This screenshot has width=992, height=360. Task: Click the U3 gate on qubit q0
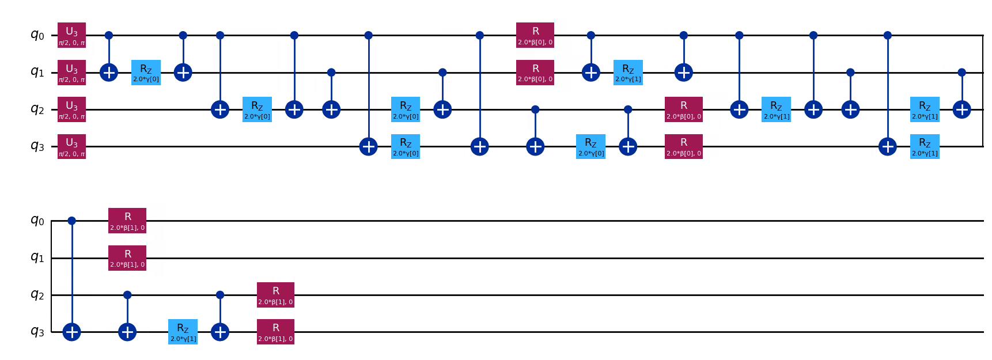click(x=71, y=35)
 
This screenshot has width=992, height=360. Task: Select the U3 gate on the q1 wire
click(x=71, y=73)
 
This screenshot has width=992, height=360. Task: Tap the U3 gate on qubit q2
click(x=71, y=109)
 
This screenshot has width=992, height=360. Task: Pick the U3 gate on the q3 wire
click(x=71, y=146)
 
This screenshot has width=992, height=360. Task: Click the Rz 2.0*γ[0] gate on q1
click(x=146, y=73)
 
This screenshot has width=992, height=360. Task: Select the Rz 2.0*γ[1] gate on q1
click(x=628, y=73)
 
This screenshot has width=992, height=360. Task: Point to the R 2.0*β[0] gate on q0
click(x=535, y=35)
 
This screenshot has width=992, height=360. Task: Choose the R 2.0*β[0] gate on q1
click(x=535, y=73)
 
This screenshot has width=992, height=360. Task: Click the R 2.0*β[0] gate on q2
click(x=684, y=109)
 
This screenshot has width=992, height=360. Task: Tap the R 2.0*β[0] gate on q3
click(x=684, y=146)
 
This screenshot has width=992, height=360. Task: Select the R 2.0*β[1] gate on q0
click(x=127, y=221)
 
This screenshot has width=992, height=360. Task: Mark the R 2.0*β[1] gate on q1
click(x=127, y=258)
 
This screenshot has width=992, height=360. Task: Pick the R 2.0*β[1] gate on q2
click(x=275, y=295)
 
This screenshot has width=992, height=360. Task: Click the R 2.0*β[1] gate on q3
click(x=275, y=332)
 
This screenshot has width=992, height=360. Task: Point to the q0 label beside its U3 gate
click(x=37, y=35)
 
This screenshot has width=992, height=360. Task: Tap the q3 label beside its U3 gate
click(x=37, y=146)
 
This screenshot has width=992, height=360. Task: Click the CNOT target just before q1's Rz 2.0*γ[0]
click(x=109, y=73)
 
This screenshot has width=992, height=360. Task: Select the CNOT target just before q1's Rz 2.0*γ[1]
click(x=591, y=73)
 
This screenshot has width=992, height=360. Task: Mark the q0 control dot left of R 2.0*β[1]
click(x=71, y=221)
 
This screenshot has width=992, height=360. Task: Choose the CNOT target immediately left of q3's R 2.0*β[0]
click(x=628, y=146)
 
